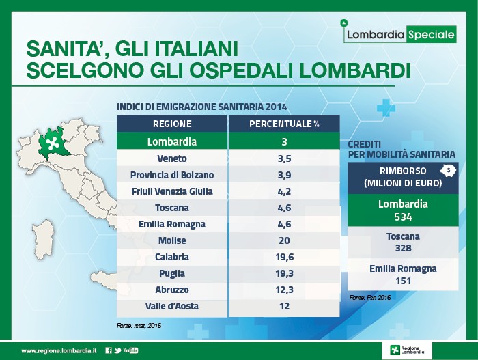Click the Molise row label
[x=172, y=240]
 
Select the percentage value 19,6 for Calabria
[x=285, y=257]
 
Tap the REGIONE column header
[x=172, y=124]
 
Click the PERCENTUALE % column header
[x=284, y=124]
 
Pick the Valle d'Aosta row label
[x=172, y=306]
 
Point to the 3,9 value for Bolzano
[x=285, y=175]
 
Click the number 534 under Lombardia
[x=403, y=217]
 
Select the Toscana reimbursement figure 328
[x=403, y=248]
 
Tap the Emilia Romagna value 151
[x=403, y=281]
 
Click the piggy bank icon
[x=448, y=171]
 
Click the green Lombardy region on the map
[x=53, y=143]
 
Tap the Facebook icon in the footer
[x=108, y=350]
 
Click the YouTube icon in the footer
[x=130, y=350]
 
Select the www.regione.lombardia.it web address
[x=59, y=351]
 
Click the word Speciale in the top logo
[x=431, y=34]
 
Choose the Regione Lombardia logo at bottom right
[x=407, y=350]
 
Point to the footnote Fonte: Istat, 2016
[x=139, y=326]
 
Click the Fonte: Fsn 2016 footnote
[x=370, y=297]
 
